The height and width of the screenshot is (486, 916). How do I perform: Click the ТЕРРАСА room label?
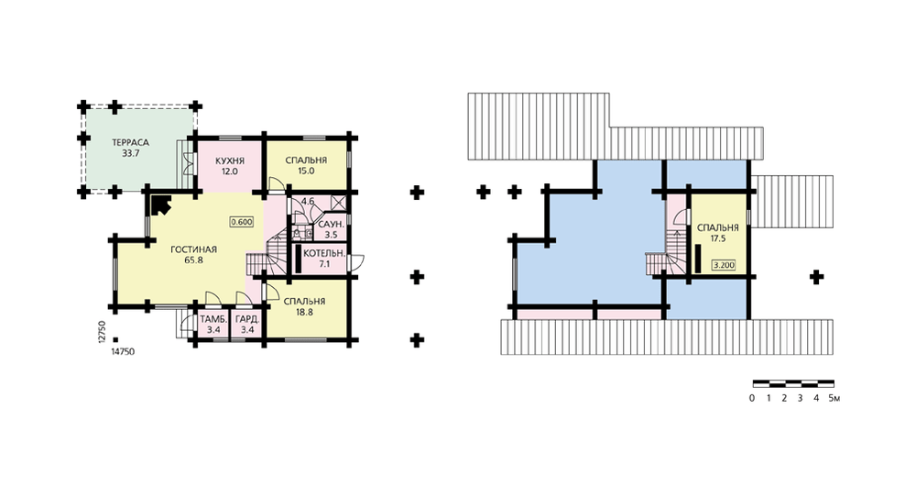coord(131,143)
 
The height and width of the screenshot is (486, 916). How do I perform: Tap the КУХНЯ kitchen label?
coord(230,160)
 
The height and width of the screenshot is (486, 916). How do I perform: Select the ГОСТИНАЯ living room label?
coord(193,249)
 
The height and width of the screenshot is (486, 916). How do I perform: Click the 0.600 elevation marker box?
coord(241,222)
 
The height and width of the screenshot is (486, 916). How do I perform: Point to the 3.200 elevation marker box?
coord(724,265)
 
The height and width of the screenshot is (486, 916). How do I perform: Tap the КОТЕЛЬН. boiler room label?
coord(324,254)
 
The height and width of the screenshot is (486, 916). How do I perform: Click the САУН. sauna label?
coord(331,226)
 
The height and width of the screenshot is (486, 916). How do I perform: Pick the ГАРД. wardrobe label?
coord(247,320)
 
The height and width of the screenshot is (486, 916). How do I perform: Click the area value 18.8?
coord(304,313)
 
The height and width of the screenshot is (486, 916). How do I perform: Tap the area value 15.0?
coord(306,171)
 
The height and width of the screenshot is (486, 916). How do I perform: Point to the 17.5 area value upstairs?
coord(718,238)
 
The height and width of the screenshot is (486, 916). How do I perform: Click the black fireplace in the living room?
coord(160,205)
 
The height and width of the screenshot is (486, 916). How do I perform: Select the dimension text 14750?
coord(123,351)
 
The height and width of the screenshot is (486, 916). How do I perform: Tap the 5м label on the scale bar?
coord(834,398)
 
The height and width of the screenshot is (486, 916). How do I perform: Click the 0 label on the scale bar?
coord(752,398)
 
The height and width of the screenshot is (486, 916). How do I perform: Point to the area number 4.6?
coord(308,201)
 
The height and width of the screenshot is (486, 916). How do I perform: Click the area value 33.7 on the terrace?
coord(131,154)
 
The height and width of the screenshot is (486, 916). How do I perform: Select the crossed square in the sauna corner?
coord(338,203)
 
